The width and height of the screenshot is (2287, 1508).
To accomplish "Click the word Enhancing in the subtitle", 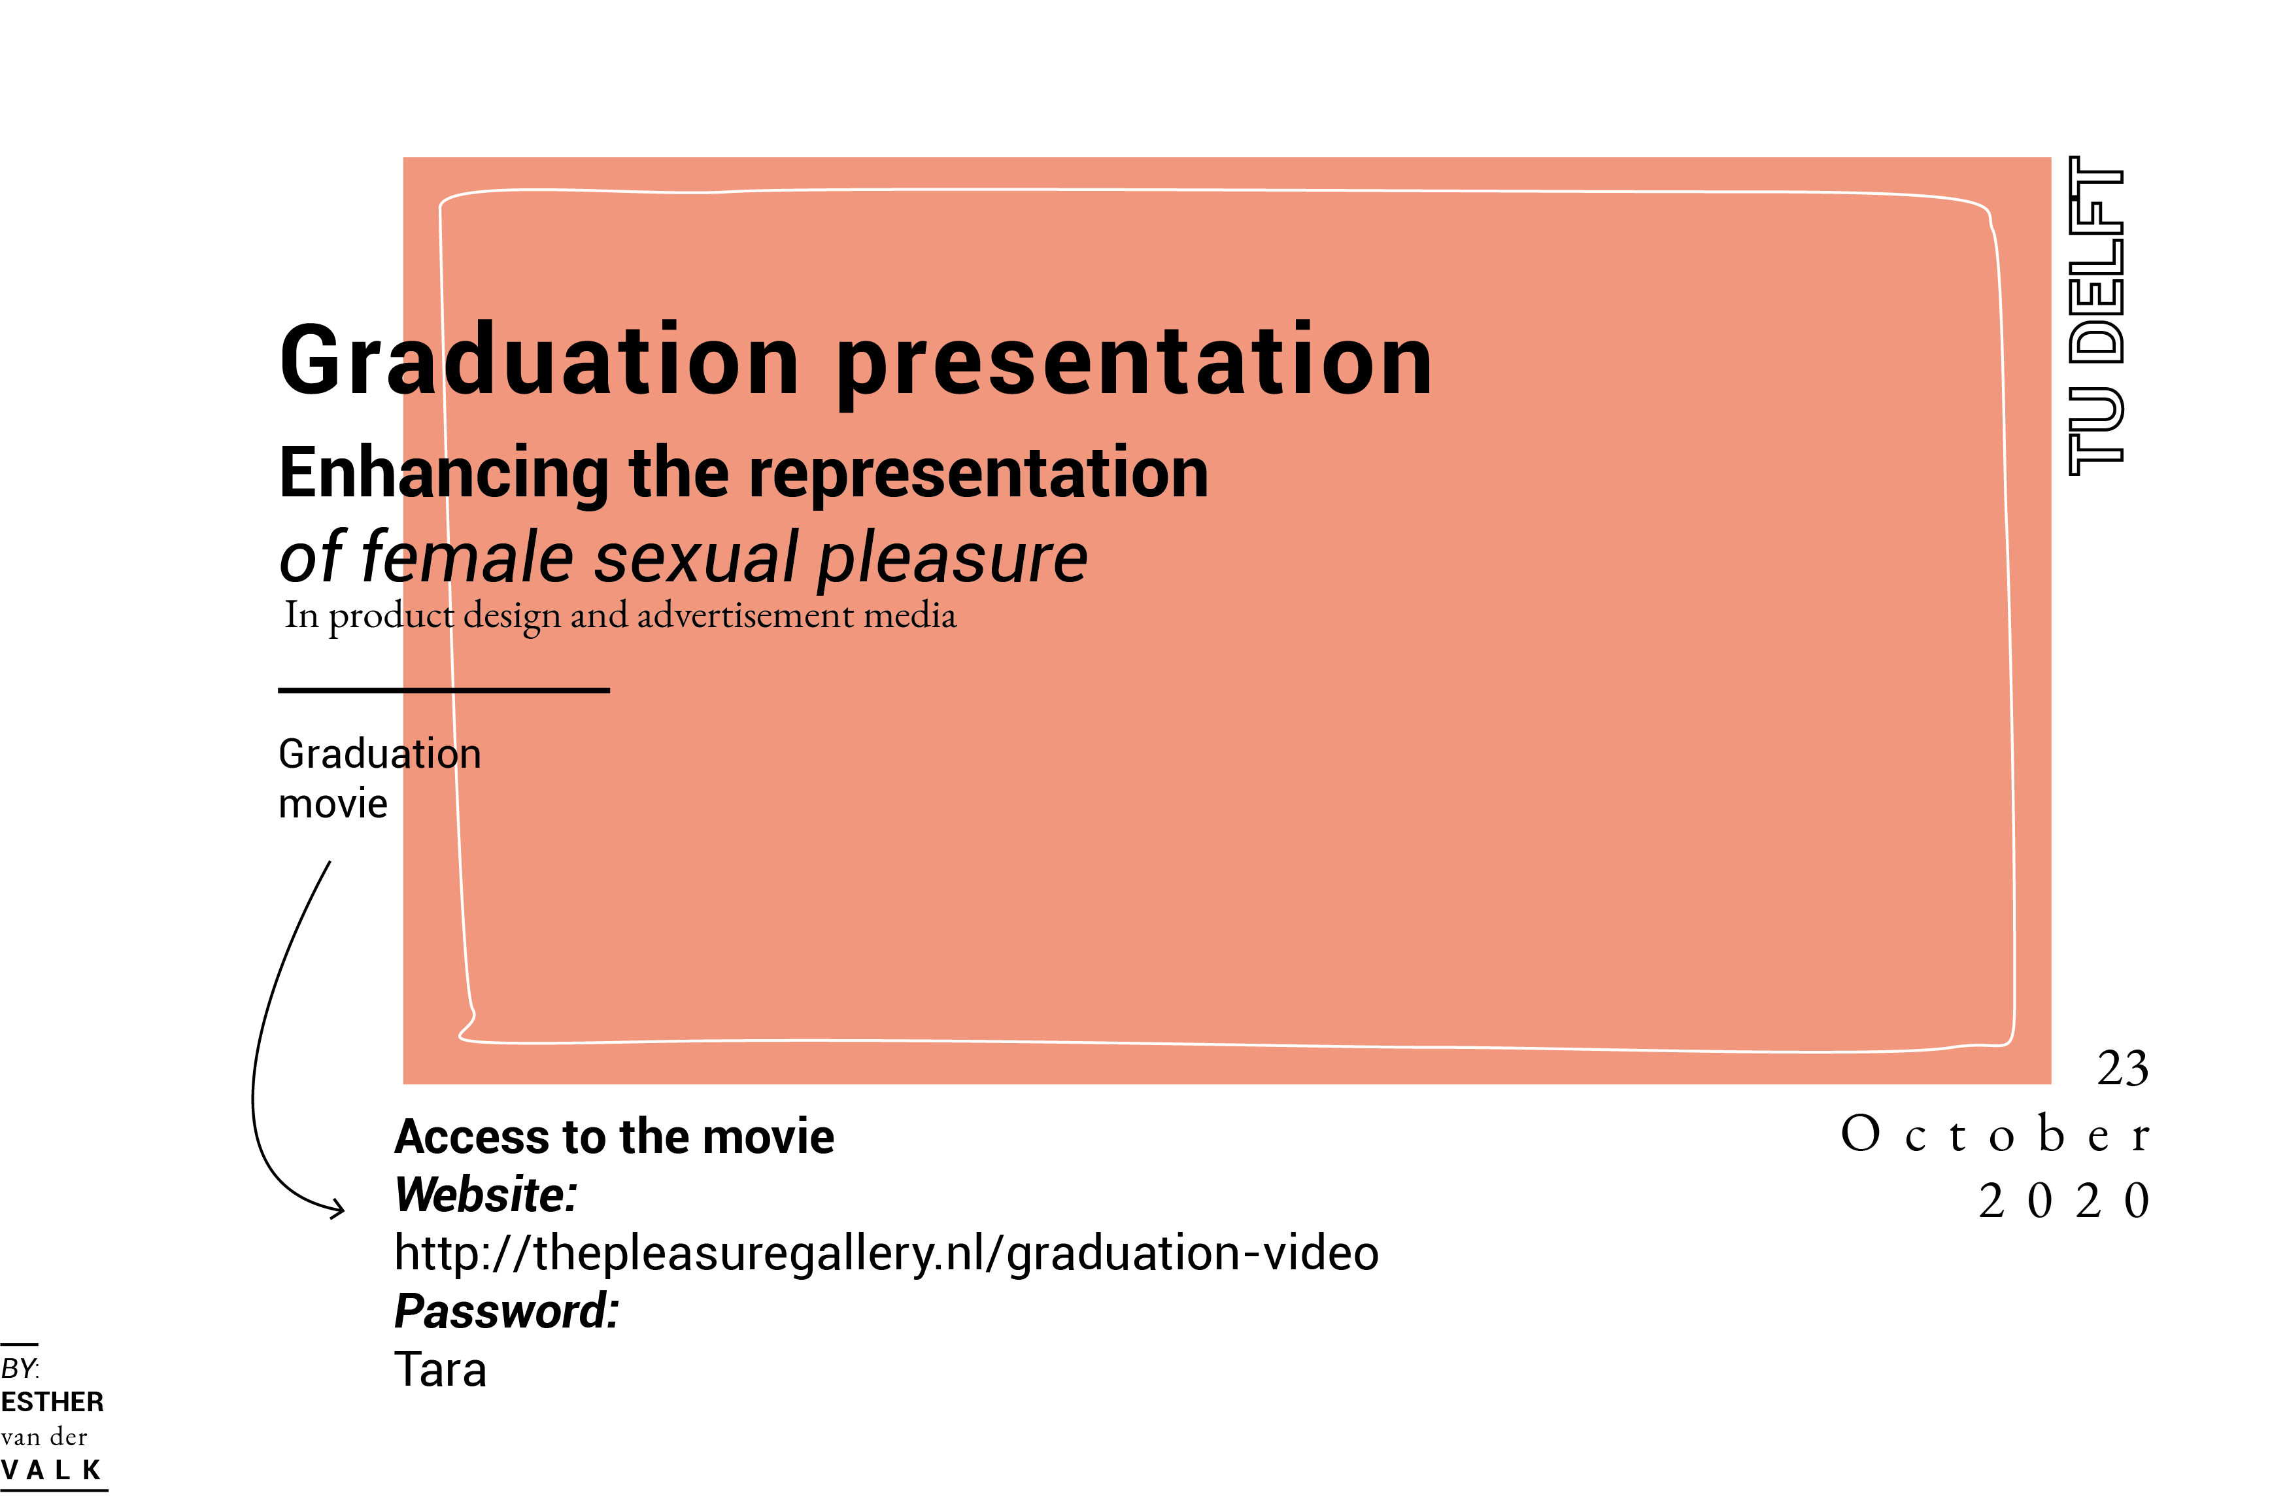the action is tap(444, 476).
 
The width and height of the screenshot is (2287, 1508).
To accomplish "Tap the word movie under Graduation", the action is tap(333, 804).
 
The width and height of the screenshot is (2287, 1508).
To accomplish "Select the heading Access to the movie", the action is tap(615, 1137).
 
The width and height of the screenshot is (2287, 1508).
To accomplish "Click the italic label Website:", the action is tap(486, 1195).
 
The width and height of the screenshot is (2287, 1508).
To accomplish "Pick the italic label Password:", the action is tap(507, 1312).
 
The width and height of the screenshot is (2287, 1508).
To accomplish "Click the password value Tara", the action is tap(440, 1369).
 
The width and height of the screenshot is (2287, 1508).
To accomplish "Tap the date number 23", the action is tap(2123, 1069).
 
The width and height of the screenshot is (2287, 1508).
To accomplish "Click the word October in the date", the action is tap(1994, 1134).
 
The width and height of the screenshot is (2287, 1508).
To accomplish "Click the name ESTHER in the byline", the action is tap(52, 1402).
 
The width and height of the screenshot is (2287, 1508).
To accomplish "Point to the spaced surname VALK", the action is tap(51, 1471).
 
